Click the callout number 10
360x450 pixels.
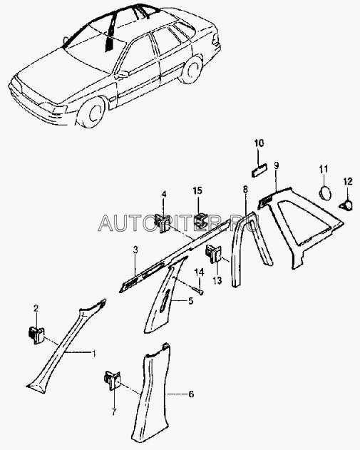click(x=259, y=143)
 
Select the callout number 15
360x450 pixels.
click(x=197, y=190)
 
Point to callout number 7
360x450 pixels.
click(x=113, y=413)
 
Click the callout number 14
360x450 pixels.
click(x=200, y=272)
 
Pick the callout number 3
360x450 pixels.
click(x=135, y=250)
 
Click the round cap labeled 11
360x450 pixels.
click(x=325, y=193)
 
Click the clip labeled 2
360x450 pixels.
click(x=36, y=335)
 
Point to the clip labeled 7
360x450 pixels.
click(x=112, y=380)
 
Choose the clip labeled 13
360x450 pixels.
click(x=214, y=253)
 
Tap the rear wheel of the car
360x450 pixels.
click(x=191, y=70)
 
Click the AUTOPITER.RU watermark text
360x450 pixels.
click(x=178, y=224)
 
